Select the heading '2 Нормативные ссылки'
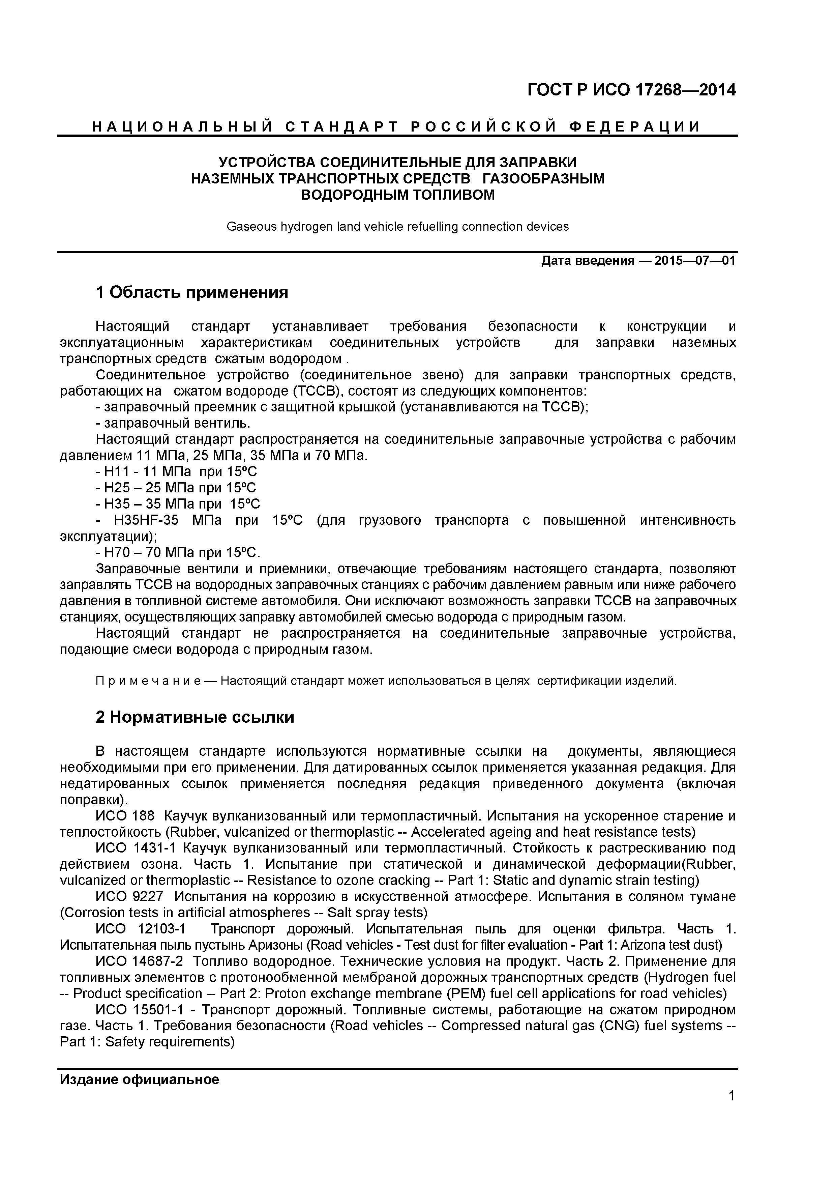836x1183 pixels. click(x=195, y=717)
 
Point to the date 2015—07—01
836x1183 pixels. click(x=695, y=261)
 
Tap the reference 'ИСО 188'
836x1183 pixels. click(x=125, y=816)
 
